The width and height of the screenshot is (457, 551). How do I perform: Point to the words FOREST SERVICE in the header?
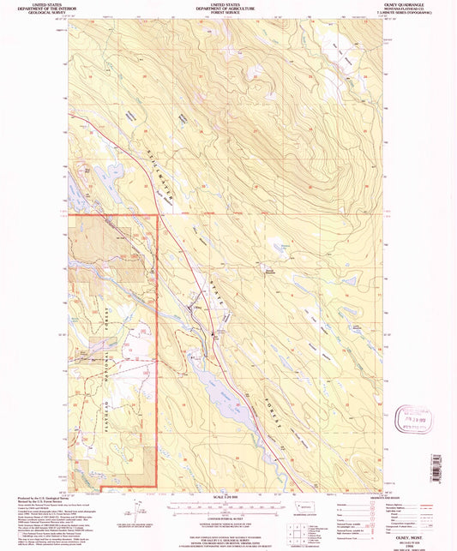[227, 14]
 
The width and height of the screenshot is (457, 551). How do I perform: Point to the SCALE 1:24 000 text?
[227, 496]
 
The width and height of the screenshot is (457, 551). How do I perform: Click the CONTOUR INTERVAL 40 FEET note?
[227, 519]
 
